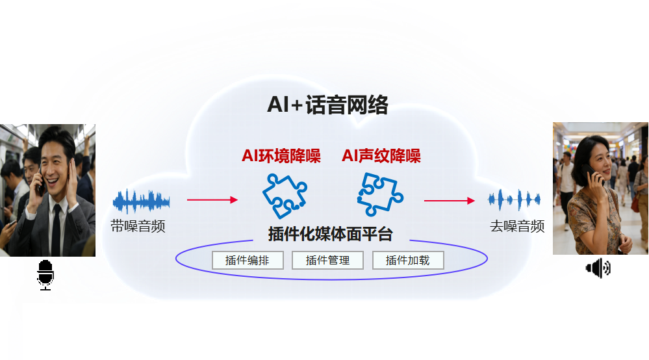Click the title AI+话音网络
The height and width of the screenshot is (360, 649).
click(327, 105)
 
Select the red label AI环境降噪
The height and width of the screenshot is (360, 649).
click(281, 156)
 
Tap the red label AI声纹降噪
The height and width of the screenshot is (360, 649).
click(381, 156)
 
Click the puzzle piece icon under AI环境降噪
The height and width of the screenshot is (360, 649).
click(284, 196)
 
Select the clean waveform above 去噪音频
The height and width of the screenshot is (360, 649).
click(515, 199)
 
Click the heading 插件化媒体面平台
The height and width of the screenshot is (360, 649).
click(330, 235)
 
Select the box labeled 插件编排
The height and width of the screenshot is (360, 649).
click(248, 261)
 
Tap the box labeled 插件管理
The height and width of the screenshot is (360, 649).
click(328, 261)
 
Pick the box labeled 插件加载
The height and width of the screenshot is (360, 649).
click(408, 261)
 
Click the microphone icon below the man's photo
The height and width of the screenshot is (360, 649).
click(45, 274)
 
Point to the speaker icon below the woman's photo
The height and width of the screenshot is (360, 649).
click(598, 268)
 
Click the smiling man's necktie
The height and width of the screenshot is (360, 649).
click(56, 227)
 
